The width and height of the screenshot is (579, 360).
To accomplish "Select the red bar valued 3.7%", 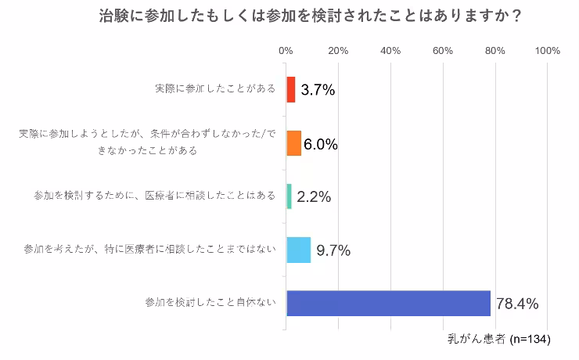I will (x=290, y=89).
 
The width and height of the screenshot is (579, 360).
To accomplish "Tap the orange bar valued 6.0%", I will (x=293, y=143).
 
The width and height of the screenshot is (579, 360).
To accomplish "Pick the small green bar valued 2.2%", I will (x=289, y=196).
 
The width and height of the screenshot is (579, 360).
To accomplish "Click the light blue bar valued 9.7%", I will (x=298, y=250).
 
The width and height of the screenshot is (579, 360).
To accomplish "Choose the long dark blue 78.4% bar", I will (x=388, y=303).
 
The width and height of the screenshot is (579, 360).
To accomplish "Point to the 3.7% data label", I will (x=318, y=90).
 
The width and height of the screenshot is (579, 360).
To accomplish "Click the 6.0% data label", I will (x=320, y=144).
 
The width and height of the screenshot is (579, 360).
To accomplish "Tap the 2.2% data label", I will (x=313, y=197).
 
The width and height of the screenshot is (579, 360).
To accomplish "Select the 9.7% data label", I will (x=332, y=250).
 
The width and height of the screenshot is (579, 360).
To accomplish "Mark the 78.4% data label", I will (x=516, y=304).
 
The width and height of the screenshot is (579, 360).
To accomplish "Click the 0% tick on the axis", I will (x=286, y=51).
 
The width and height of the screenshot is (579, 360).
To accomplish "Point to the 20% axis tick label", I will (x=338, y=51).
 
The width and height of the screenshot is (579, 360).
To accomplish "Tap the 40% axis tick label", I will (x=390, y=51).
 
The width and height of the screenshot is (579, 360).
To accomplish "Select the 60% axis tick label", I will (x=443, y=51).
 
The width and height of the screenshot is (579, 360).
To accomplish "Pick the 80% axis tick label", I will (x=495, y=51).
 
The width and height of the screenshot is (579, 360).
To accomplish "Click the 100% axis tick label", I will (x=548, y=51).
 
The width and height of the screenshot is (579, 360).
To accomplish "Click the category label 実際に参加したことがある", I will (x=214, y=88).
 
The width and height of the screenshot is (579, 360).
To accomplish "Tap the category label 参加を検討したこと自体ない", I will (x=211, y=303).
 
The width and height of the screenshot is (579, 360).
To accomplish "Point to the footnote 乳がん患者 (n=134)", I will (x=499, y=340).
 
